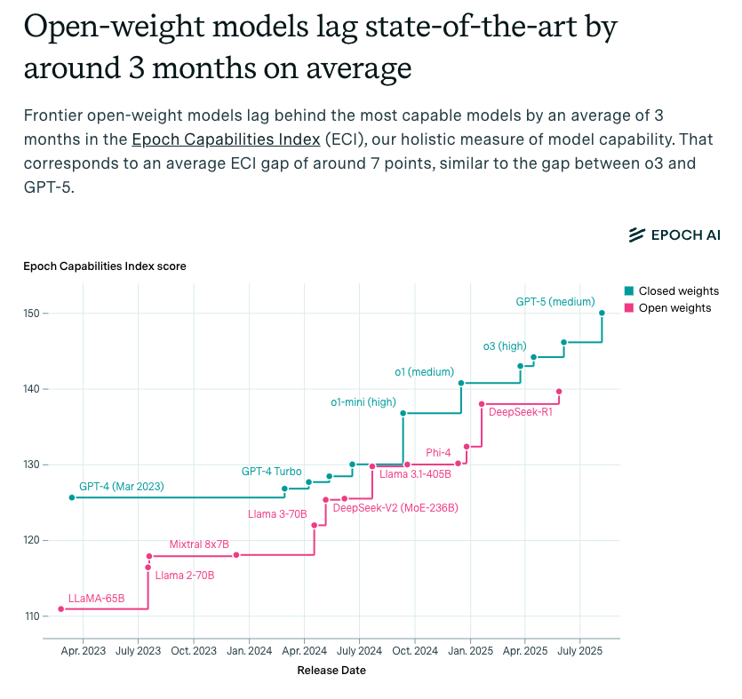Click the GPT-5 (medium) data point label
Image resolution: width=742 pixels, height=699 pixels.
555,302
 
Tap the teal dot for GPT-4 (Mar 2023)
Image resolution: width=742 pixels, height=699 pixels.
72,497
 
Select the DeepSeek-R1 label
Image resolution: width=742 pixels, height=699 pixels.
521,412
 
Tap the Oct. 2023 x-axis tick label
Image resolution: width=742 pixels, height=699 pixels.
193,650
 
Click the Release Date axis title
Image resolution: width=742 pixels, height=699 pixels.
331,671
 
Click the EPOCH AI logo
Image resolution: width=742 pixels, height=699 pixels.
674,234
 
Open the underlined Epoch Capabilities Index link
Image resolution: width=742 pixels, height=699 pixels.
225,139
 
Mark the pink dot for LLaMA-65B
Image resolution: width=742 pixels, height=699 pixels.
61,608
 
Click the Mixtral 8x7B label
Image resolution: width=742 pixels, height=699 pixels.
199,544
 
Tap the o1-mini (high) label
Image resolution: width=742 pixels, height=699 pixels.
363,402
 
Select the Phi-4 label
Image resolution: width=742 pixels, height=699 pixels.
438,453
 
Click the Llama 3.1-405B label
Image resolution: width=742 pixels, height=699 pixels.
415,474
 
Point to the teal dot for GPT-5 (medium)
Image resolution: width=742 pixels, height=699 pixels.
602,313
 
